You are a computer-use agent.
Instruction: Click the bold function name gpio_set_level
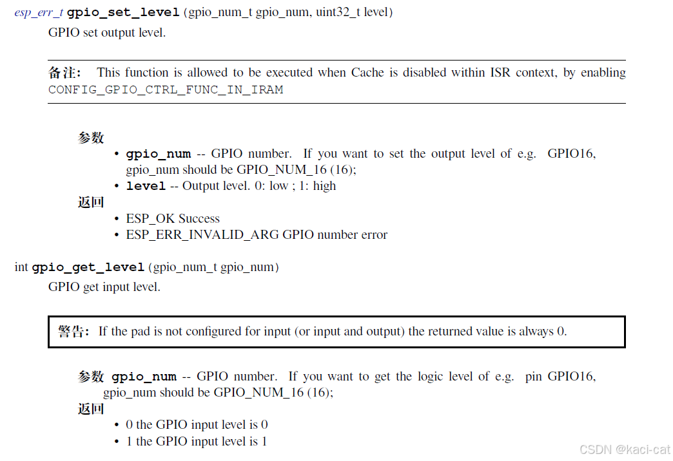(123, 12)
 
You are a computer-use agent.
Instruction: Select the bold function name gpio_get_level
(88, 267)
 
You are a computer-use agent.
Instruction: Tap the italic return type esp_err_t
(39, 12)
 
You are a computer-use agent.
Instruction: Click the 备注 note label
(64, 73)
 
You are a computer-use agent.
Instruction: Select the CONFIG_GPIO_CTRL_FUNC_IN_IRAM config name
(166, 89)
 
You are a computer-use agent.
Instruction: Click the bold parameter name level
(146, 186)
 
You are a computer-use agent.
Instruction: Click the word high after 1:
(324, 186)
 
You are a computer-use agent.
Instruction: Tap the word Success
(199, 218)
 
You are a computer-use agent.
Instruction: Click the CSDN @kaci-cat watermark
(624, 449)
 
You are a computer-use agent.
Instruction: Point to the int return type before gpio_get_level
(21, 267)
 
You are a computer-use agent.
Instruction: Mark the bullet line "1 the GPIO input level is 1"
(197, 441)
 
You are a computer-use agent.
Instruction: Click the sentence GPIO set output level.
(107, 32)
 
